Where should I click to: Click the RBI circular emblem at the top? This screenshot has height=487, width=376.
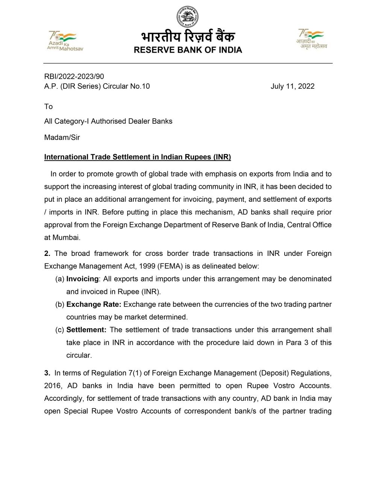tap(188, 17)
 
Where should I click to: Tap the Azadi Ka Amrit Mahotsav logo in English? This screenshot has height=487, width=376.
tap(65, 41)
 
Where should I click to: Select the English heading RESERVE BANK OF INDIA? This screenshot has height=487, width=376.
tap(188, 50)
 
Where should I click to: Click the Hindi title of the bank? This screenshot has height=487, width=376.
tap(188, 37)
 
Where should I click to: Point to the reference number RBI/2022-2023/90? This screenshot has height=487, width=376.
tap(74, 76)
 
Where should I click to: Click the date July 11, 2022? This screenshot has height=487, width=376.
tap(293, 86)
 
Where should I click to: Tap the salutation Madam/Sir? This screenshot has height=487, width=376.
tap(62, 137)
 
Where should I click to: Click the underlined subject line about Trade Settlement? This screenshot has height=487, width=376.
tap(138, 157)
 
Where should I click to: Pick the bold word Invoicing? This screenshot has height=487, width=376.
tap(82, 279)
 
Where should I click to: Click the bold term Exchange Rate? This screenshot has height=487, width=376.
tap(94, 304)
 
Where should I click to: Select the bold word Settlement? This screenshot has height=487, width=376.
tap(86, 330)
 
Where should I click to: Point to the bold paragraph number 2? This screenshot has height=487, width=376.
tap(47, 253)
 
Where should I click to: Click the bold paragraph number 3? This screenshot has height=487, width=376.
tap(47, 373)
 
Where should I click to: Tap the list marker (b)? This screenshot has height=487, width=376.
tap(60, 304)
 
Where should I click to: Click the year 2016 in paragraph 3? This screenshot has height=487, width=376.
tap(52, 386)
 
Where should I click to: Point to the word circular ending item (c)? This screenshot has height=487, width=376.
tap(79, 355)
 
